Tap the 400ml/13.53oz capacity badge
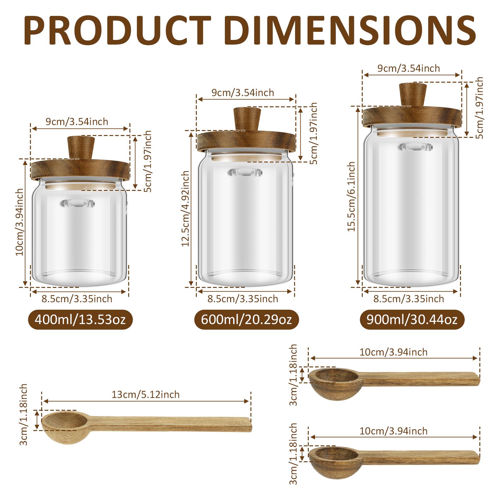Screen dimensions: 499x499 click(80, 320)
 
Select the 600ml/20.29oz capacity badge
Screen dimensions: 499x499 click(246, 320)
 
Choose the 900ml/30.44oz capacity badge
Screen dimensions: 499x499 click(412, 320)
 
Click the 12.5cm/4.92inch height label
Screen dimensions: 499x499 click(186, 208)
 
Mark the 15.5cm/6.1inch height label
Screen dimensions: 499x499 click(352, 196)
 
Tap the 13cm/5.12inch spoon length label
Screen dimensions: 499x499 click(146, 395)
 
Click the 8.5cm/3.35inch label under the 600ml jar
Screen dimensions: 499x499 click(243, 299)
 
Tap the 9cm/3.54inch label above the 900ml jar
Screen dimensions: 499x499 click(409, 68)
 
